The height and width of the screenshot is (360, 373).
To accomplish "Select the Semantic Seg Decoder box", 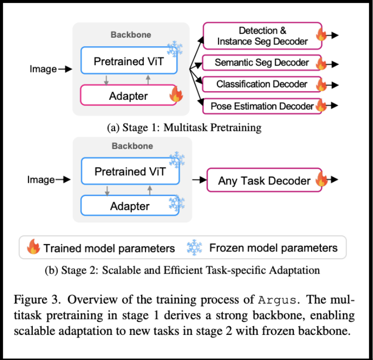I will coord(261,63).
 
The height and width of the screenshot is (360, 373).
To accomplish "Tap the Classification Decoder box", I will coord(261,84).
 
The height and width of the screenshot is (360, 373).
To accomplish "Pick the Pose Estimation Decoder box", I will coord(261,106).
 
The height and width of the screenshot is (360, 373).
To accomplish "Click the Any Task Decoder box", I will coord(264,181).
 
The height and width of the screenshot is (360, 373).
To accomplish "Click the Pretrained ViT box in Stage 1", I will coord(129,61).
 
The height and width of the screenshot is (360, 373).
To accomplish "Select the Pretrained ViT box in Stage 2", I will coord(129,171).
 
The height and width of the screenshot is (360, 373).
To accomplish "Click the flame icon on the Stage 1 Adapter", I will coord(176,95).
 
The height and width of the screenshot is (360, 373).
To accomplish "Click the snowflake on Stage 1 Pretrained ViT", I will coord(175,48).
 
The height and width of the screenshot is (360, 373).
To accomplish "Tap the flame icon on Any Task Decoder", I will coord(321,180).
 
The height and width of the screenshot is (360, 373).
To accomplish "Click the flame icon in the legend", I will coord(33,248).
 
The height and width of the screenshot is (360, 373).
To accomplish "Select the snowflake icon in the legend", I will coord(194,248).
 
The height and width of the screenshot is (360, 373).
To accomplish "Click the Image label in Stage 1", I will coord(43,69).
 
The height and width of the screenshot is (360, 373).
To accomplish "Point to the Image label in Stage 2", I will coord(41,180).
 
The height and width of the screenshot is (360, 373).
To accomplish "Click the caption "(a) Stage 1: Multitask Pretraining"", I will coord(184,128).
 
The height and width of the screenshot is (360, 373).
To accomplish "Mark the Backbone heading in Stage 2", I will coord(132,146).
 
